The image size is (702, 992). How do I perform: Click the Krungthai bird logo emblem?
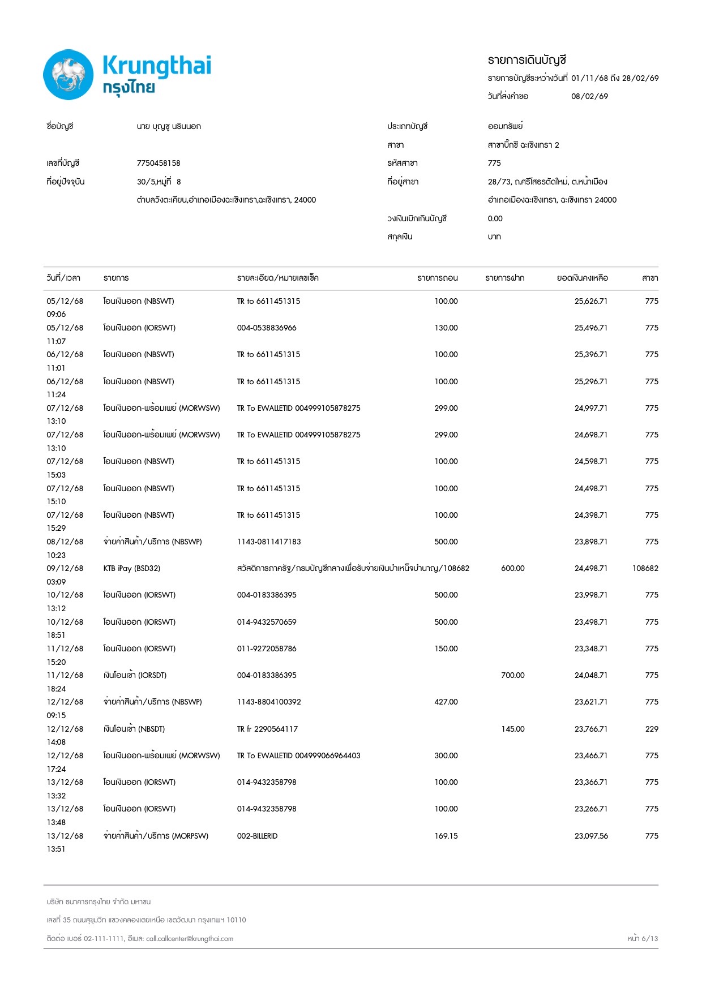[x=69, y=75]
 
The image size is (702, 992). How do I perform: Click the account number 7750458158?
[x=159, y=163]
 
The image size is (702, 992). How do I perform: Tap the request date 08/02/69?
[x=589, y=96]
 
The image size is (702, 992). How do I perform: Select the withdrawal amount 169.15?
[x=446, y=836]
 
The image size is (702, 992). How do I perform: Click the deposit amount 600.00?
[x=512, y=568]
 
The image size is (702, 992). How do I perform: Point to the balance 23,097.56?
[x=591, y=836]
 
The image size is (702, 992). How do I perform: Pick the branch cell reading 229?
[x=652, y=729]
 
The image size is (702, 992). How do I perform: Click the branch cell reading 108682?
[x=645, y=568]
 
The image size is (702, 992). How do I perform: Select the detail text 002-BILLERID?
[x=257, y=836]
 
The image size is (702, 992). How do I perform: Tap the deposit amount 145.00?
[x=512, y=729]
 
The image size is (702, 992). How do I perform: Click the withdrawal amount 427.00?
[x=446, y=702]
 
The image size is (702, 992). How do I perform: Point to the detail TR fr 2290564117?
[x=267, y=729]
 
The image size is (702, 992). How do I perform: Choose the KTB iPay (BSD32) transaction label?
[x=132, y=568]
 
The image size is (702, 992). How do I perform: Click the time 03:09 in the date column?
[x=56, y=582]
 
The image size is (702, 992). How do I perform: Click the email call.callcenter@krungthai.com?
[x=190, y=938]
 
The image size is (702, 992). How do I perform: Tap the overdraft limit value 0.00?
[x=495, y=218]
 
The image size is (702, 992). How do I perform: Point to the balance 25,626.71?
[x=591, y=301]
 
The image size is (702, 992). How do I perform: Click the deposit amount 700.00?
[x=512, y=675]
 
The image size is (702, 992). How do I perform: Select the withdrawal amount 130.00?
[x=446, y=328]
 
